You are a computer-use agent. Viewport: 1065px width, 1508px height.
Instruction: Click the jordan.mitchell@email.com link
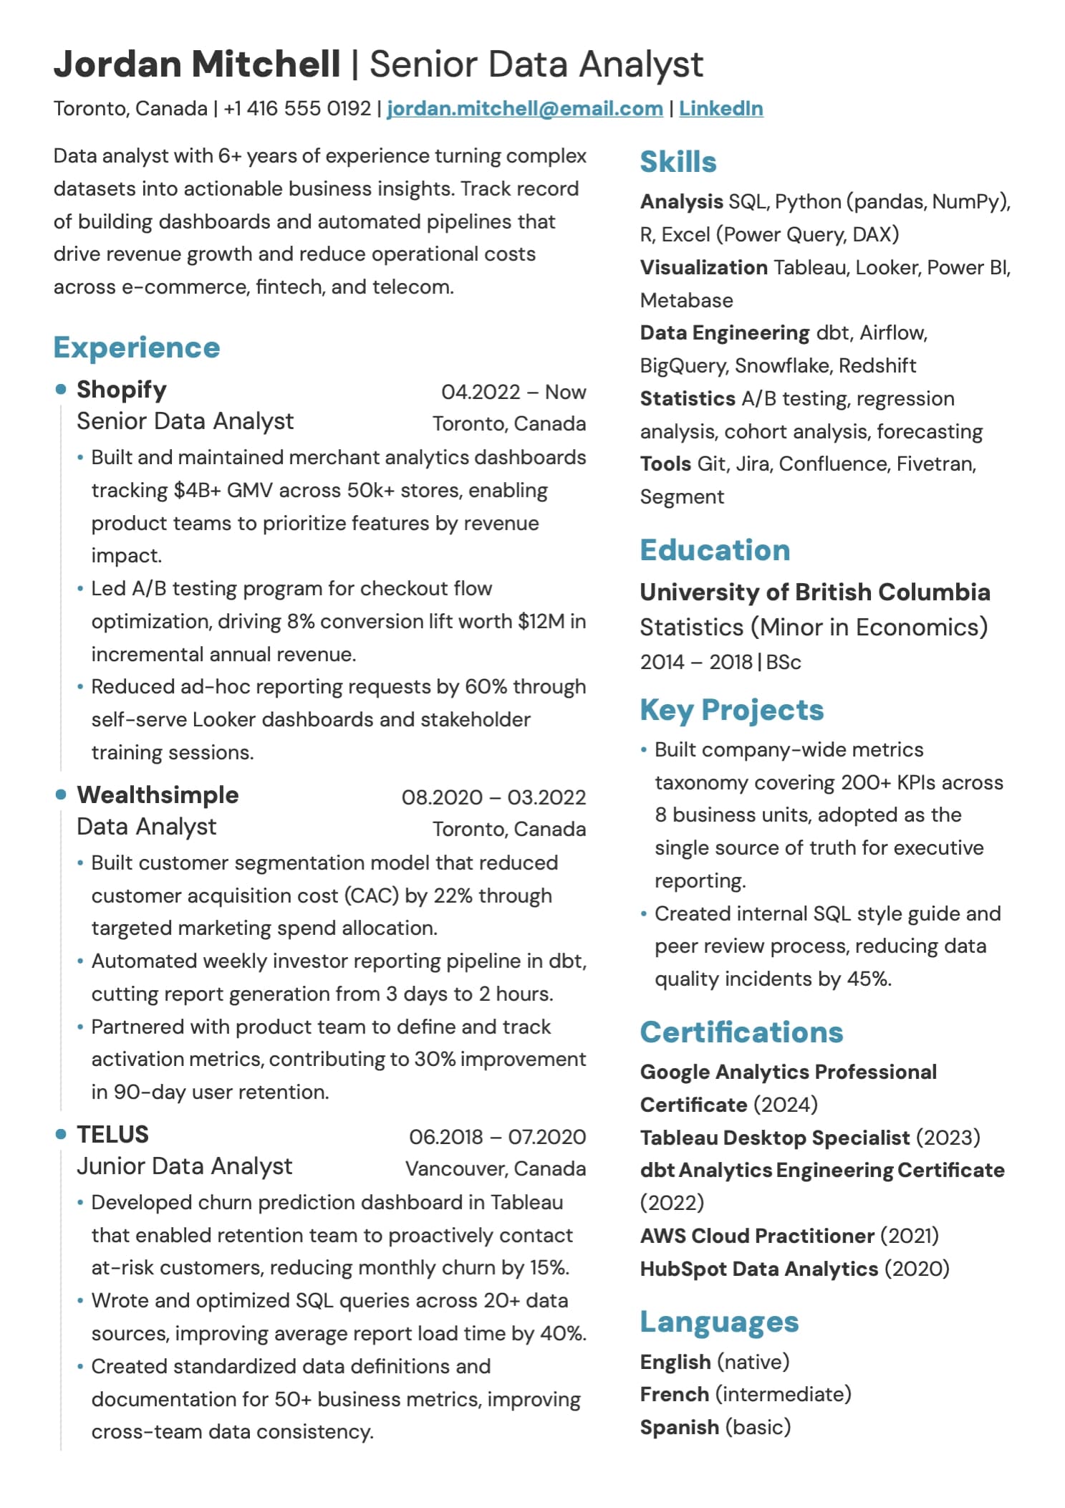click(x=524, y=108)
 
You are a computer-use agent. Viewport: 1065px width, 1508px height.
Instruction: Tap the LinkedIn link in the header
click(x=721, y=108)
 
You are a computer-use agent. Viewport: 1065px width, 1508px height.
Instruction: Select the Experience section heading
click(x=137, y=347)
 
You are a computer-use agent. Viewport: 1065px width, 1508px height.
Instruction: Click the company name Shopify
click(x=121, y=390)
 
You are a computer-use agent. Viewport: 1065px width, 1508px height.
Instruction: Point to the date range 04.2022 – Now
click(x=513, y=392)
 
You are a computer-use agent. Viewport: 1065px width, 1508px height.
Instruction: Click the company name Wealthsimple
click(x=158, y=795)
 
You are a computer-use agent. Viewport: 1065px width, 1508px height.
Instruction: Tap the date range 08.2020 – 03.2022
click(x=493, y=797)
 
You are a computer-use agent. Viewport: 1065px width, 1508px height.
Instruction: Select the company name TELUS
click(x=112, y=1135)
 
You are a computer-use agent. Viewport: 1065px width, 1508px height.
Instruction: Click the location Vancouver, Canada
click(x=495, y=1168)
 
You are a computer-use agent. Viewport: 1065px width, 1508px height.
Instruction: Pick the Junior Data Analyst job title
click(x=184, y=1166)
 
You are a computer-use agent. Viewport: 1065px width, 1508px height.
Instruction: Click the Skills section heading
click(x=678, y=162)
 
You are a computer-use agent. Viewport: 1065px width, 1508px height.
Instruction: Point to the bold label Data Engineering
click(x=724, y=333)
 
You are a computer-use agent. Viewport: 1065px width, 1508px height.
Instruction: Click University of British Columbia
click(x=814, y=592)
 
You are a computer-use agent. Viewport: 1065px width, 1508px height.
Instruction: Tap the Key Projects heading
click(x=731, y=710)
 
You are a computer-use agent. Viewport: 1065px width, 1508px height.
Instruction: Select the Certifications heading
click(x=741, y=1032)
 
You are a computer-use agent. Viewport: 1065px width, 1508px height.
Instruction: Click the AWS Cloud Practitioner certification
click(x=756, y=1236)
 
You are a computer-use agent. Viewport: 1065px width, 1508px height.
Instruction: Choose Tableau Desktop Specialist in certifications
click(x=774, y=1138)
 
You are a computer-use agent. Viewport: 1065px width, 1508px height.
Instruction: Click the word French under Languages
click(x=674, y=1394)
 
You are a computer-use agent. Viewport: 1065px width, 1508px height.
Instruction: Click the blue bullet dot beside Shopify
click(x=61, y=389)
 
